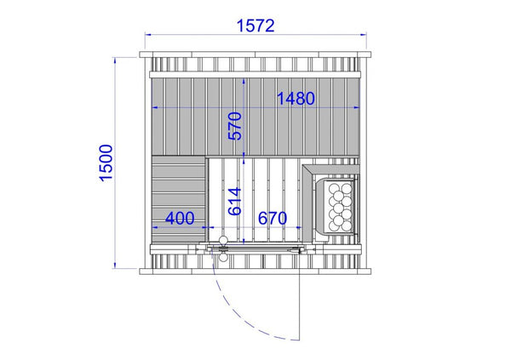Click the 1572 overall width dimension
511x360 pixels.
point(255,26)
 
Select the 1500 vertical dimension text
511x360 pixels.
point(106,163)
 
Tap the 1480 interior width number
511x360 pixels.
point(296,99)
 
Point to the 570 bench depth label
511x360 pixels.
point(235,126)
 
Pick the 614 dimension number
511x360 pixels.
point(235,202)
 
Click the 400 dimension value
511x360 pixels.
point(180,218)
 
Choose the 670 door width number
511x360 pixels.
point(273,218)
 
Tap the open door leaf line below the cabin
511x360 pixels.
point(299,294)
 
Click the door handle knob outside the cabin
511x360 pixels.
point(223,258)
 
